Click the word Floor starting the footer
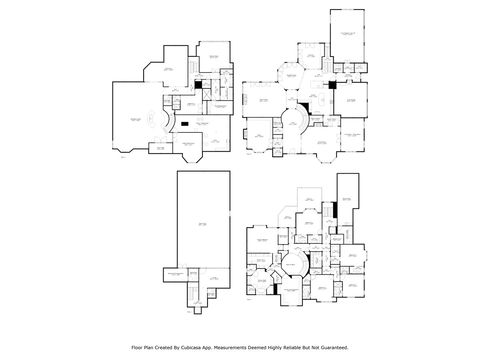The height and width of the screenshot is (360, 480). [137, 348]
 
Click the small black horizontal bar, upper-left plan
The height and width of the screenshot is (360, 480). [185, 124]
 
